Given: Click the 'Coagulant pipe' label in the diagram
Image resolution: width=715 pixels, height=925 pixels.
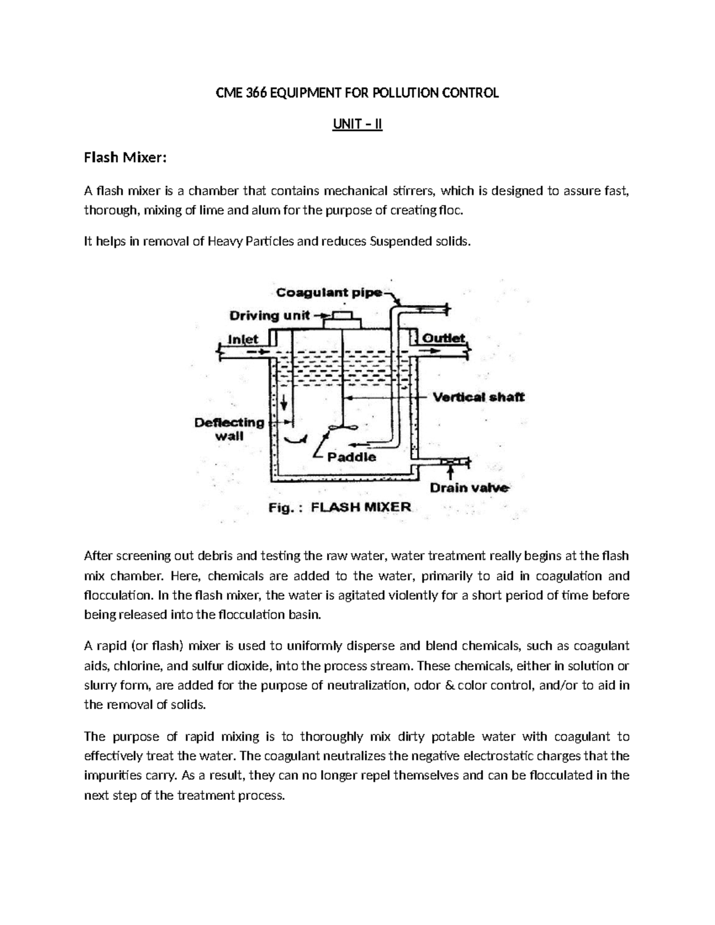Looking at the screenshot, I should coord(329,292).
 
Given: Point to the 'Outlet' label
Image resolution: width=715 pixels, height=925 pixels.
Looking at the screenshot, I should coord(443,338).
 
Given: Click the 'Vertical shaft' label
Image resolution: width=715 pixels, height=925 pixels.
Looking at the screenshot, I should coord(478,397).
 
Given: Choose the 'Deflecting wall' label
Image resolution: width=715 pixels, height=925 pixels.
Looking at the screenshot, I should coord(229,429).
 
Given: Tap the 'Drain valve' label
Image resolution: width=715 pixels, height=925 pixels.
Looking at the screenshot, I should coord(470,488).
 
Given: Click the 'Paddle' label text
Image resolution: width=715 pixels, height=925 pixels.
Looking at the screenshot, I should coord(352,457).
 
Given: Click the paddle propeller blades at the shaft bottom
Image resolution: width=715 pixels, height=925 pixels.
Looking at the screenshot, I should coord(342,427).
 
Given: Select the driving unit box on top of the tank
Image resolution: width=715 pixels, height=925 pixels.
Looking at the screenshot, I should coord(342,320).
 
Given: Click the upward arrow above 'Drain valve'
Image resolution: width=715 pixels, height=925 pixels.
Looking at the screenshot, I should coord(451,473).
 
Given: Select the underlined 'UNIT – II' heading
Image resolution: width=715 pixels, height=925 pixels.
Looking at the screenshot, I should coord(357,126).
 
